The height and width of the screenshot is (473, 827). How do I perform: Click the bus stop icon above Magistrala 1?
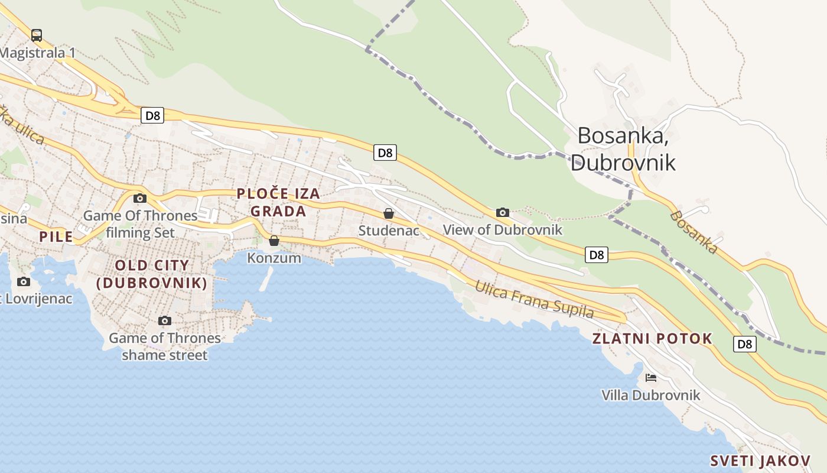click(37, 35)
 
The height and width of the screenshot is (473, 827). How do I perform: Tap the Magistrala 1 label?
click(38, 53)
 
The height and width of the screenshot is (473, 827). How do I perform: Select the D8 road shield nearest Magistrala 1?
click(152, 115)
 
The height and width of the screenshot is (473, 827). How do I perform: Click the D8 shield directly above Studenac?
click(385, 153)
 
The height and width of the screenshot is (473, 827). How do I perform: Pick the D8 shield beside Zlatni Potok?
click(745, 344)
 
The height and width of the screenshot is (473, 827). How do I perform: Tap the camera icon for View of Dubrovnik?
click(503, 213)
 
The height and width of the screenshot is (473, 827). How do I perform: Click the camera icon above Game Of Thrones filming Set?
click(140, 199)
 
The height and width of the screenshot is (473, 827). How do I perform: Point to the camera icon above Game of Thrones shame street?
click(165, 321)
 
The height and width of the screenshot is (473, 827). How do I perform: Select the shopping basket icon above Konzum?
click(274, 241)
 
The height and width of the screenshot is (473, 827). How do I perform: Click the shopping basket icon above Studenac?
click(389, 213)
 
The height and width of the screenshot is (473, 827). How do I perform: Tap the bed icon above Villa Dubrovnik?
click(651, 378)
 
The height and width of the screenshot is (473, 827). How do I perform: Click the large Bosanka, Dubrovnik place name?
click(623, 148)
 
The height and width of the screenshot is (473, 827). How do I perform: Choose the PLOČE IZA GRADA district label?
click(278, 202)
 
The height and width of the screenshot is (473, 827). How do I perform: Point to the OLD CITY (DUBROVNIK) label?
click(152, 274)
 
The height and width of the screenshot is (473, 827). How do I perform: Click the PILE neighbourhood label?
click(56, 237)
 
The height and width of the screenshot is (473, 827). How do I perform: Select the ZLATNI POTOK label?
click(652, 339)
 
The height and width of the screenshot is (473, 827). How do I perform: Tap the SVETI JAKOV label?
click(760, 461)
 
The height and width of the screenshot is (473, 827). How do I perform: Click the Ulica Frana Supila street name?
click(535, 299)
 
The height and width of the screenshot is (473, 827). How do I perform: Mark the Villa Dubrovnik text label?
click(650, 395)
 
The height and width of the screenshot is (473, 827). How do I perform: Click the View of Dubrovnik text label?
click(503, 229)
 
